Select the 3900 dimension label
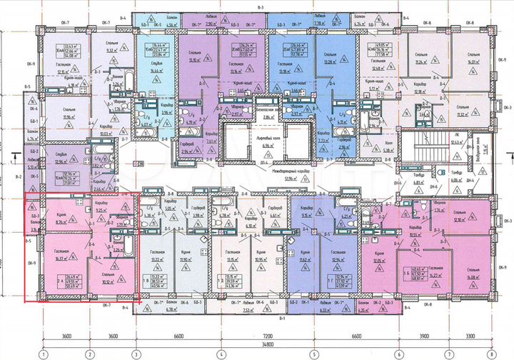[425, 335]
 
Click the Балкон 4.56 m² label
[170, 21]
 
